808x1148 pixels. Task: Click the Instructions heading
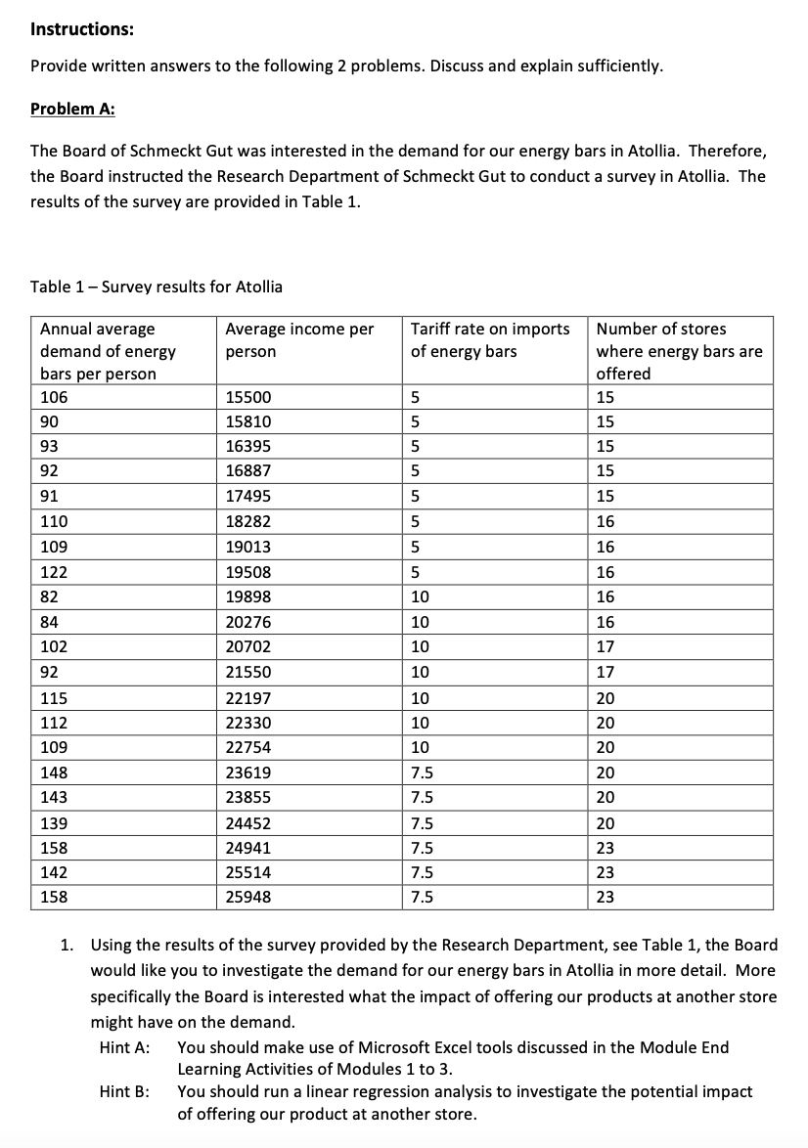point(82,28)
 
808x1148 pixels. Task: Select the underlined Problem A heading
point(72,109)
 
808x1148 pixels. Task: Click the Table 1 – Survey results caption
point(157,287)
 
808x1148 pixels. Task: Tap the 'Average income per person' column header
point(299,339)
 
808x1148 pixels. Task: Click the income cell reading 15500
point(248,397)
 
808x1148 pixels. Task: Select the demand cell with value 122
point(54,572)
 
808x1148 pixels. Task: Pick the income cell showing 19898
point(248,596)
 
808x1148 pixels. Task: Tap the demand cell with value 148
point(54,772)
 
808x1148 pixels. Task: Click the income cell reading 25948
point(248,897)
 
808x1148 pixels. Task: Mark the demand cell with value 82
point(50,596)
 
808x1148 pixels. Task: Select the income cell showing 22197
point(248,697)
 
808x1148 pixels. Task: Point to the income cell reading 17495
point(248,497)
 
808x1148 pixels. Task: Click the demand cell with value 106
point(54,397)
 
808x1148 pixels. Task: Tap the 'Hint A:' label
point(125,1047)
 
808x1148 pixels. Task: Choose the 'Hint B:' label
point(125,1091)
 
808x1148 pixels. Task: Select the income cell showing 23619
point(248,772)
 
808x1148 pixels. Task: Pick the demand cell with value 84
point(50,622)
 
